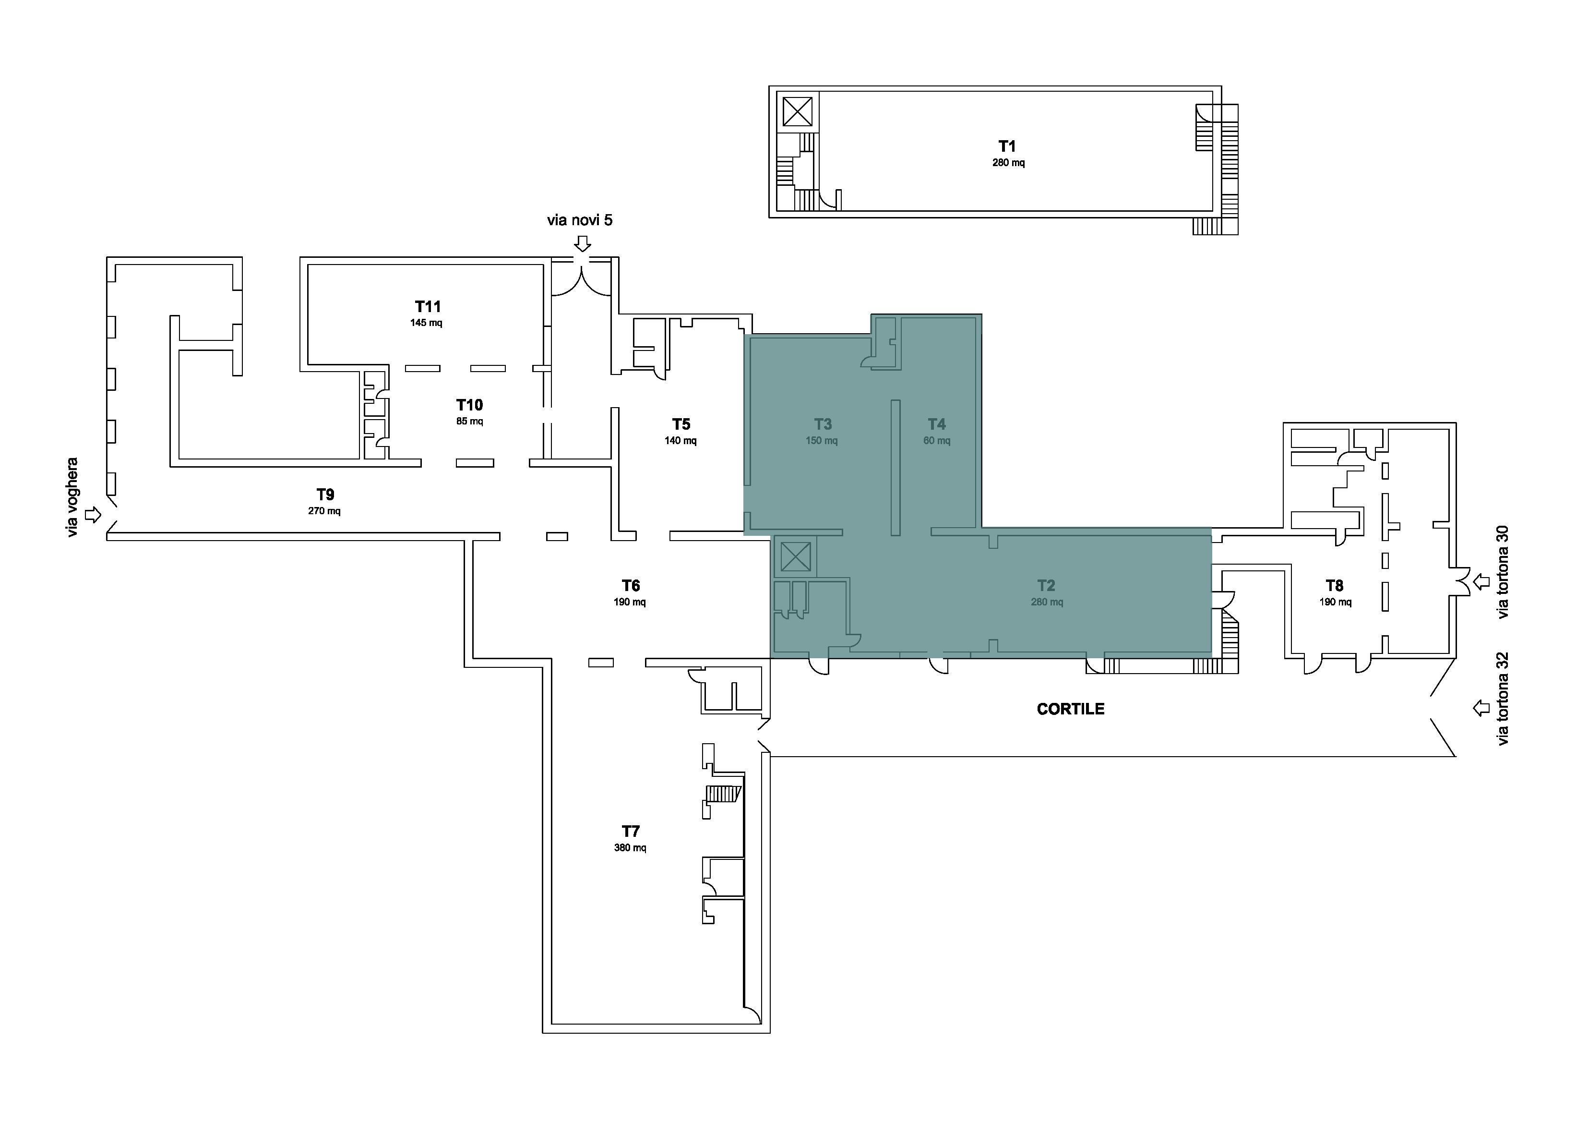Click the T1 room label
pos(1007,146)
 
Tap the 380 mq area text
pos(630,847)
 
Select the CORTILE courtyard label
pos(1071,709)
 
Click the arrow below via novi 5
pos(583,243)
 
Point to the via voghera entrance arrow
pos(93,515)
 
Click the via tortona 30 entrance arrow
pos(1481,582)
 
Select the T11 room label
pos(428,306)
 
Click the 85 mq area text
pos(470,422)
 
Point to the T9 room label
pos(325,494)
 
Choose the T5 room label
pos(681,423)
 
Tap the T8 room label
pos(1334,585)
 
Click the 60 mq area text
pos(936,441)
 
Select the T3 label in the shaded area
pos(823,423)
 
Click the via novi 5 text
pos(580,220)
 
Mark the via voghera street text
pos(72,497)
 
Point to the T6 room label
pos(630,585)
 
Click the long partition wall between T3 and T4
pos(895,468)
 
